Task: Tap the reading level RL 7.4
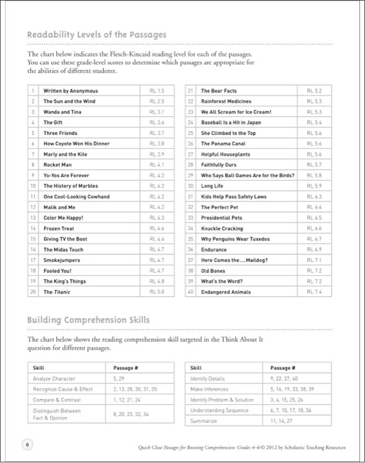[x=315, y=291]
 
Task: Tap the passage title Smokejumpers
[x=61, y=260]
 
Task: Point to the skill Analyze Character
[x=55, y=378]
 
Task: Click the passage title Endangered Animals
[x=225, y=291]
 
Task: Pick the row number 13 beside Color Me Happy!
[x=32, y=218]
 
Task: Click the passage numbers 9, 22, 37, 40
[x=284, y=378]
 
